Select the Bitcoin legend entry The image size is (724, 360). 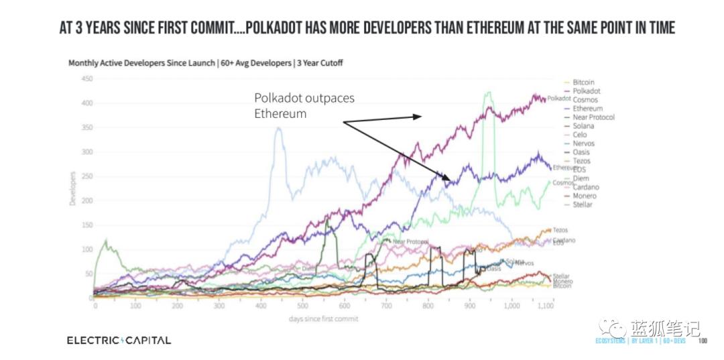coord(583,82)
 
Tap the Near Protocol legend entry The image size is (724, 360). coord(593,117)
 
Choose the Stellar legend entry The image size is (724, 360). coord(583,204)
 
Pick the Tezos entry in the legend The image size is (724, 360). coord(582,161)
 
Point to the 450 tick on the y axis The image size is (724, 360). coord(86,78)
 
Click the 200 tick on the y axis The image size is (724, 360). coord(86,200)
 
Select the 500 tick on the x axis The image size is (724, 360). coord(303,306)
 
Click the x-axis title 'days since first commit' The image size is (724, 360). coord(323,318)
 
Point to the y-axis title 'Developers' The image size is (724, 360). coord(72,189)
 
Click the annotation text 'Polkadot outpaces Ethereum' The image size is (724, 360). coord(304,106)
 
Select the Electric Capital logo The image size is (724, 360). coord(119,340)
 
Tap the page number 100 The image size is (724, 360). coord(703,341)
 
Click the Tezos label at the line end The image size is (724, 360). coord(560,230)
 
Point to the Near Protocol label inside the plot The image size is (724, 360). coord(410,241)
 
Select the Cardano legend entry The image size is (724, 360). coord(586,187)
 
